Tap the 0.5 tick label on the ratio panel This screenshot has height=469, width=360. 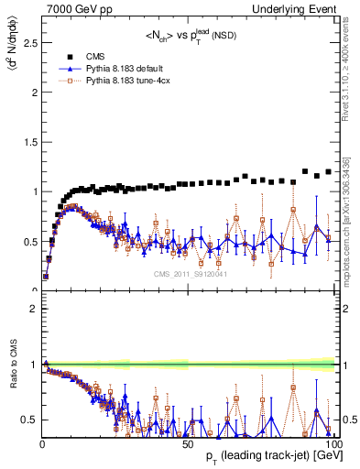(28, 420)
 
